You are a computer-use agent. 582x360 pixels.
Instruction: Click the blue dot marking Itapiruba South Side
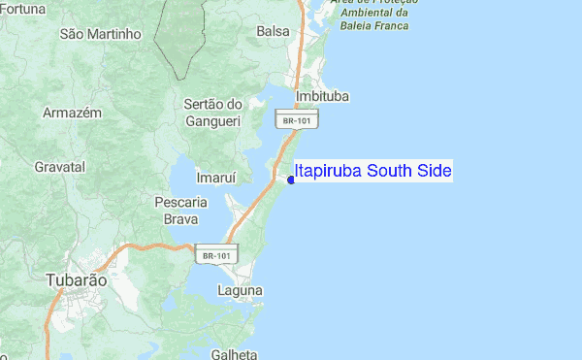click(291, 179)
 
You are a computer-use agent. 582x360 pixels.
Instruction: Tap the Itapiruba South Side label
click(373, 172)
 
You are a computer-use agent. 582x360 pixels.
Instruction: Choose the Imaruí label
click(189, 179)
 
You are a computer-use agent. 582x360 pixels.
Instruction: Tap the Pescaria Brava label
click(180, 211)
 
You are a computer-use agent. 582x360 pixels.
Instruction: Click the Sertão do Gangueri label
click(212, 112)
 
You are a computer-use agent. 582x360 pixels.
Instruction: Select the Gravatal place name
click(59, 167)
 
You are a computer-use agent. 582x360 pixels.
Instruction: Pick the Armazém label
click(72, 113)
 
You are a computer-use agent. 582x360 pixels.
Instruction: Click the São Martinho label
click(101, 34)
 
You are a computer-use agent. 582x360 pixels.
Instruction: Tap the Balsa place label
click(273, 31)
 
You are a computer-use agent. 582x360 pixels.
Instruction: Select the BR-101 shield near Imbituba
click(298, 120)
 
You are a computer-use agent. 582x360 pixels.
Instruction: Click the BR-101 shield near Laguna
click(215, 255)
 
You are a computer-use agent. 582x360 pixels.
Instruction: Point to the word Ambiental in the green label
click(364, 13)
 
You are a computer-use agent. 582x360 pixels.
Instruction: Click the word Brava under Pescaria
click(180, 219)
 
